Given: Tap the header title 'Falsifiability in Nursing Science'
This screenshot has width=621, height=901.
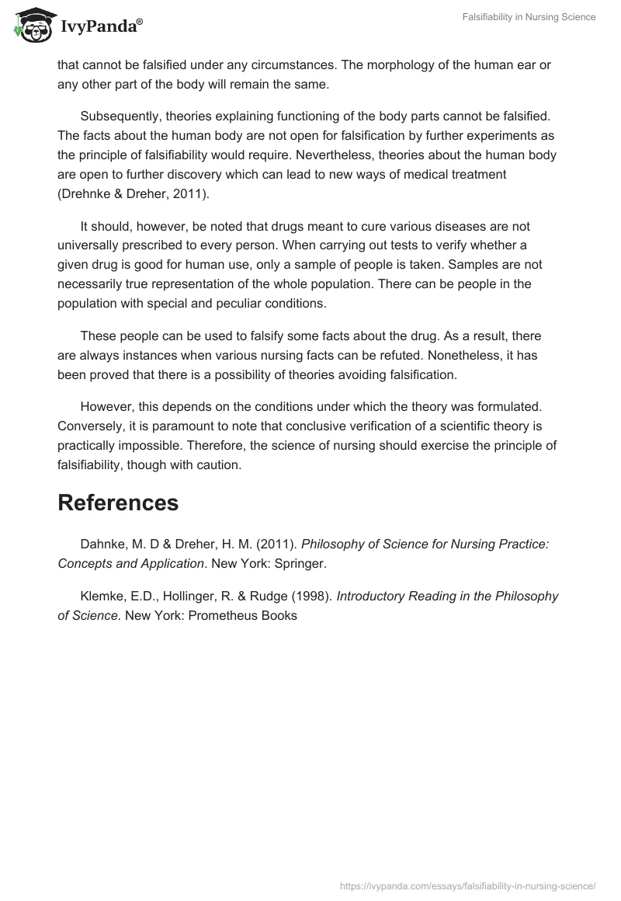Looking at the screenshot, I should coord(524,17).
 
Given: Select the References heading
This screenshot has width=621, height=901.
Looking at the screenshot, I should coord(118,503).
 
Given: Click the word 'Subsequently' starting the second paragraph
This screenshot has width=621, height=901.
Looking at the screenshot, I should coord(117,116).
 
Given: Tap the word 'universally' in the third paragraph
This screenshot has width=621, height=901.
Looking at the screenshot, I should coord(89,245).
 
